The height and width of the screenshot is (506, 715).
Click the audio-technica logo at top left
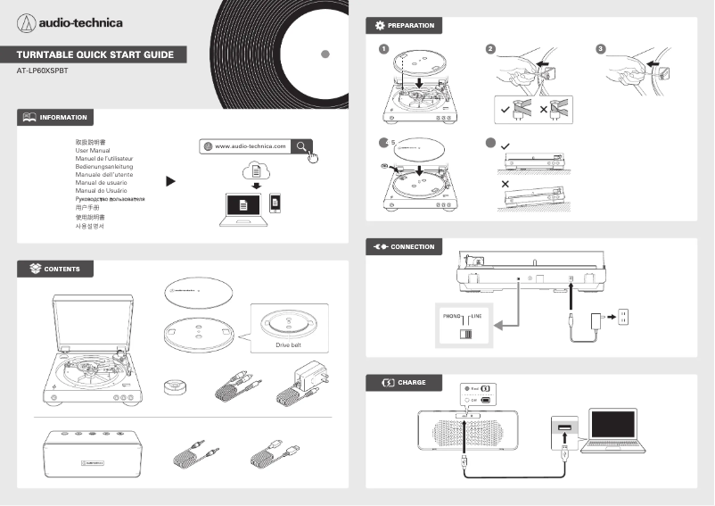click(x=70, y=21)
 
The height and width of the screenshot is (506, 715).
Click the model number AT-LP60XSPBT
click(x=42, y=70)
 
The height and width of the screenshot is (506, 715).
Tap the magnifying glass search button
click(x=303, y=145)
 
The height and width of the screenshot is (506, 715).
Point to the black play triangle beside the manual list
click(x=170, y=181)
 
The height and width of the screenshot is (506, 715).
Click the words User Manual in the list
click(x=93, y=151)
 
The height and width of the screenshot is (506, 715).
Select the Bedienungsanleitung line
click(x=104, y=167)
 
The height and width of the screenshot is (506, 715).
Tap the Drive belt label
click(x=290, y=344)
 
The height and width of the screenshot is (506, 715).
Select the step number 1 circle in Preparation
click(x=383, y=49)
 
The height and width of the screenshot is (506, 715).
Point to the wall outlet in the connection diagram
click(x=624, y=316)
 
